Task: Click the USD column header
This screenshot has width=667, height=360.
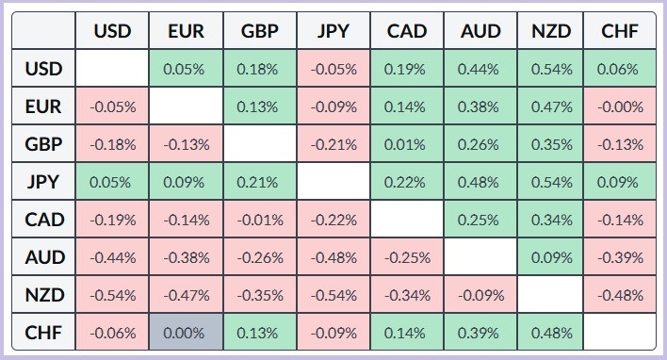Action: point(113,31)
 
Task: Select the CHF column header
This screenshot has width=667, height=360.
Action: point(620,31)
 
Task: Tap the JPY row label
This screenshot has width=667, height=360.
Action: point(44,182)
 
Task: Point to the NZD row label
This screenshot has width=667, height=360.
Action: point(44,295)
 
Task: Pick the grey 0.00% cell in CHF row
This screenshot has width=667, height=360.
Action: point(186,333)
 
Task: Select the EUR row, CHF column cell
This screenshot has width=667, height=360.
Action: point(620,106)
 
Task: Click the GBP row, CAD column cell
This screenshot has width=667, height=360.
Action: point(407,144)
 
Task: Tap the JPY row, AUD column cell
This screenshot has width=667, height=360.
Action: point(480,182)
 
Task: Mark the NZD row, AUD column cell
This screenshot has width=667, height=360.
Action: point(480,295)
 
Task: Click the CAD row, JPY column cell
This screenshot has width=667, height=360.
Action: point(333,220)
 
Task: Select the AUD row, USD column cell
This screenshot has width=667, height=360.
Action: point(113,257)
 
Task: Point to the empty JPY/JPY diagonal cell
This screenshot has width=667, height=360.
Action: point(333,182)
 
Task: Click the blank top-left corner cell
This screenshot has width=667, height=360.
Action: point(44,31)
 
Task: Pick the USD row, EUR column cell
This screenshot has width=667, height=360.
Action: point(186,69)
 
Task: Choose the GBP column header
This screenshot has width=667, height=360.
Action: point(260,31)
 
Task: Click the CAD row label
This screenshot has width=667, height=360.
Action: point(44,220)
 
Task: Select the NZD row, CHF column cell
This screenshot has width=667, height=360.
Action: point(620,295)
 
